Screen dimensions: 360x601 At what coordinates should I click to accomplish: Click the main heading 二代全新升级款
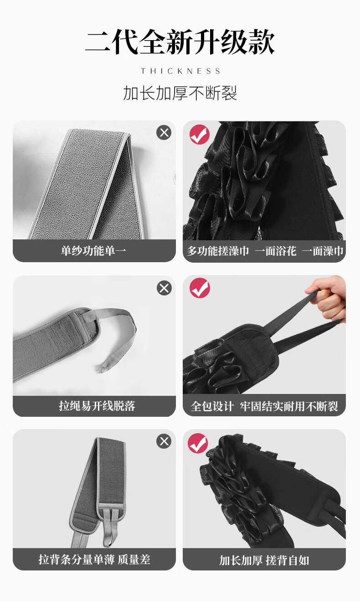(x=180, y=42)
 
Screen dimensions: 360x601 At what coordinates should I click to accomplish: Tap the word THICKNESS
(x=180, y=71)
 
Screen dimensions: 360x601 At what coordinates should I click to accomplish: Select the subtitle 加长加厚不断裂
(x=180, y=93)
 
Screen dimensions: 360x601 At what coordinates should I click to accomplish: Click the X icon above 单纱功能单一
(x=164, y=133)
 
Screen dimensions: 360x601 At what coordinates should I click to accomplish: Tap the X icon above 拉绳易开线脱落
(x=164, y=288)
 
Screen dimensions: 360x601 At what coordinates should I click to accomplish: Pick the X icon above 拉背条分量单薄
(x=164, y=441)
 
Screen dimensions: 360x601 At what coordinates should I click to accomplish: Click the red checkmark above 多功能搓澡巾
(x=200, y=135)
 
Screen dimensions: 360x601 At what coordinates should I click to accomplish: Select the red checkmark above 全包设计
(x=200, y=288)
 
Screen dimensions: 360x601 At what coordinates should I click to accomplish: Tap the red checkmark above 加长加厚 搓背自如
(x=198, y=443)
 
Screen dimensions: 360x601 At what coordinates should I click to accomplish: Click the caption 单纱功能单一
(x=93, y=251)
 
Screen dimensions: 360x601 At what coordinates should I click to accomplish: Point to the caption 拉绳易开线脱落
(x=97, y=406)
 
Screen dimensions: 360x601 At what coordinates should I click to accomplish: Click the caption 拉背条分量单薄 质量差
(x=94, y=560)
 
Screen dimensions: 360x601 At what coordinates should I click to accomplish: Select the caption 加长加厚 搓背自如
(x=264, y=560)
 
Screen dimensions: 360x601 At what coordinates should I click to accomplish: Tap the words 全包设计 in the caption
(x=212, y=406)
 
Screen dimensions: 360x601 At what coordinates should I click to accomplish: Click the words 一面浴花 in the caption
(x=276, y=251)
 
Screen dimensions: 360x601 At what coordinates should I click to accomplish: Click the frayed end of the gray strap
(x=103, y=368)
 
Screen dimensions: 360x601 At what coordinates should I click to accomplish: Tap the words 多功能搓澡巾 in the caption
(x=218, y=251)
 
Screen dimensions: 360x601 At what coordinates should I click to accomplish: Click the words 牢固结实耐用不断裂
(x=289, y=406)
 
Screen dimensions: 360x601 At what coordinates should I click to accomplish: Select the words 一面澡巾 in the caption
(x=323, y=251)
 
